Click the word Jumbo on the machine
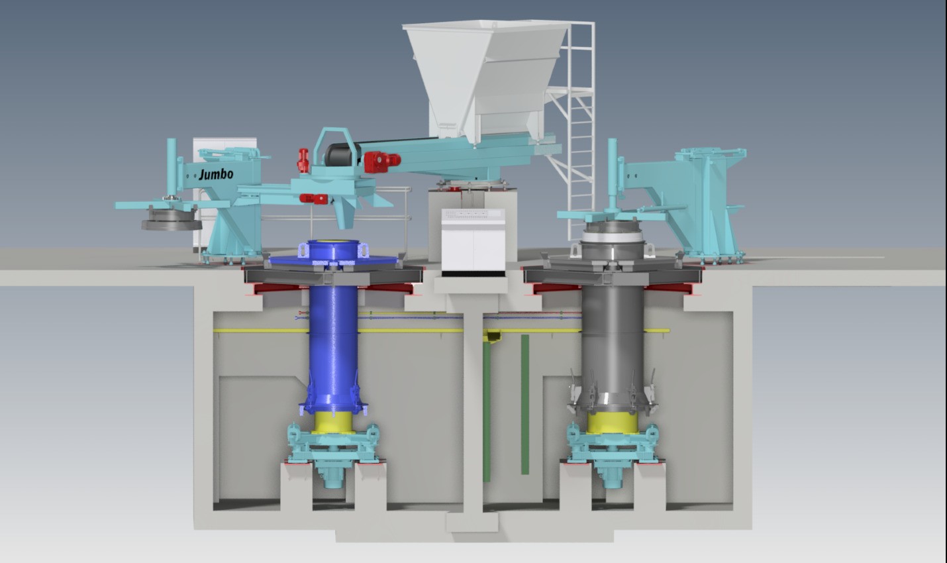click(x=216, y=174)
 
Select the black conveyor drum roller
click(x=342, y=154)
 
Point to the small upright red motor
click(x=303, y=160)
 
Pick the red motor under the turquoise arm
click(x=314, y=199)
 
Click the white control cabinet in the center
click(x=473, y=240)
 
